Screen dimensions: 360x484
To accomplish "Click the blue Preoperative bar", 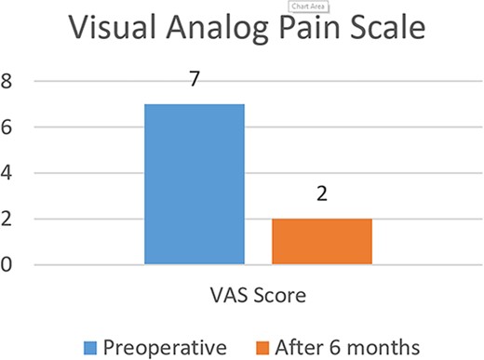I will pyautogui.click(x=195, y=184).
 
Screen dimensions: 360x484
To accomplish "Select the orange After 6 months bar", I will pyautogui.click(x=322, y=242).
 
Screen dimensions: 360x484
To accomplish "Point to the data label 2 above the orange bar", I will pyautogui.click(x=322, y=196).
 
